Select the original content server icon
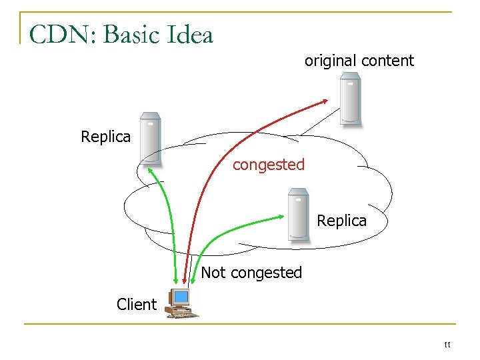[350, 99]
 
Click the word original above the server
[330, 61]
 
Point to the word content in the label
[386, 61]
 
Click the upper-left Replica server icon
[150, 139]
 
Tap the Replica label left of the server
[105, 137]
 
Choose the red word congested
[268, 164]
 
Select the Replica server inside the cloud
[297, 213]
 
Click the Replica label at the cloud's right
[341, 221]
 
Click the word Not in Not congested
[213, 272]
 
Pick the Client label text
[136, 305]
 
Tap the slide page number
[447, 344]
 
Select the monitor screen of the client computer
[179, 297]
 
